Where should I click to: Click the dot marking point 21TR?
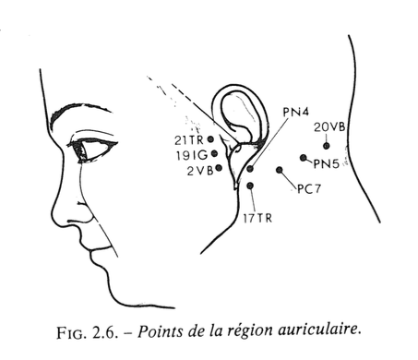pos(210,139)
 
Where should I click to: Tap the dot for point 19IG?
pos(214,153)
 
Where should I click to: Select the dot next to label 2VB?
pos(219,168)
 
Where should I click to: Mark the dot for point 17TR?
pos(250,186)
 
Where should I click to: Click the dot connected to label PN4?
pos(250,169)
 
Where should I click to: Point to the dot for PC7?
pos(280,170)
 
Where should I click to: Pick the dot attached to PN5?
pos(304,158)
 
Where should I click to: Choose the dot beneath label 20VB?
pos(327,146)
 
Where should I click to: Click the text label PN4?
pos(295,112)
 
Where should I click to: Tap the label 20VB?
pos(329,126)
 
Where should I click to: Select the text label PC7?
pos(309,189)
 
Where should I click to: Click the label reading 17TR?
pos(257,218)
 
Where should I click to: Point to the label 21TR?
pos(189,140)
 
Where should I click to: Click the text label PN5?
pos(326,164)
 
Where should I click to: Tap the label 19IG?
pos(192,156)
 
